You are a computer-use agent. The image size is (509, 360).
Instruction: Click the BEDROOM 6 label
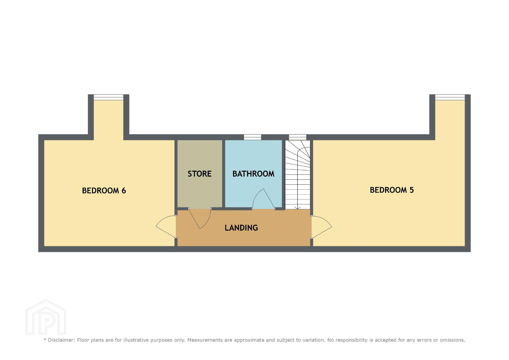tap(104, 190)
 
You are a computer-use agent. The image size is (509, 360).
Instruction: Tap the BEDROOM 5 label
tap(392, 190)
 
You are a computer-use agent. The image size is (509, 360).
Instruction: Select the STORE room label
tap(200, 174)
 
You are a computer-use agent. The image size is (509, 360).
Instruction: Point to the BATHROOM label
tap(253, 174)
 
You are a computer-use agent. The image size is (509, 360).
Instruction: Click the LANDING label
tap(241, 228)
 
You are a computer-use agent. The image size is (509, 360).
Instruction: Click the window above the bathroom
tap(252, 137)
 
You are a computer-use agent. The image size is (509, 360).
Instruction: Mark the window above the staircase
tap(297, 137)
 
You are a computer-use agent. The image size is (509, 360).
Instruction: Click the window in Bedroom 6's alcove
tap(109, 97)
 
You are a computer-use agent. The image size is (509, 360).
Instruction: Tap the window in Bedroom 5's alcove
tap(450, 97)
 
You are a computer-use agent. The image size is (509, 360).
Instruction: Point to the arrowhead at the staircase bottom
tap(297, 208)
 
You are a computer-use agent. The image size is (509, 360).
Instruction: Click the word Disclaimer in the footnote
tap(61, 340)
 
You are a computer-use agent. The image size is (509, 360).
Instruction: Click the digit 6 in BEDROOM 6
tap(124, 190)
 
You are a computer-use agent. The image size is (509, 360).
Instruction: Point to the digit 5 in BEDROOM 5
tap(412, 190)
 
